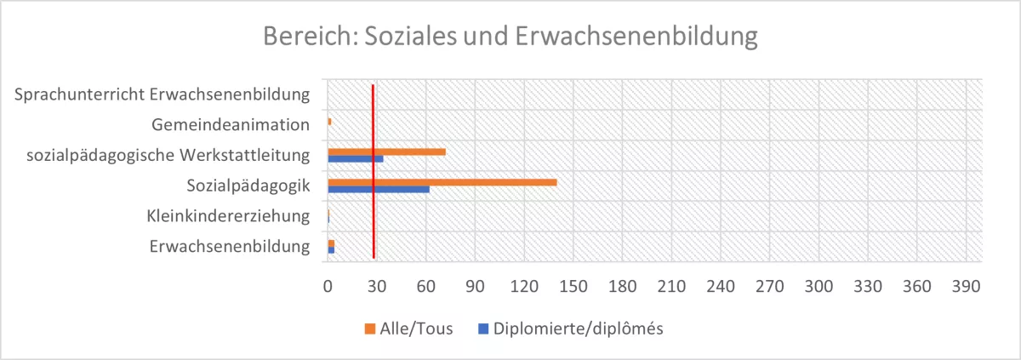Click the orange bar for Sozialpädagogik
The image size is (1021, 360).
(x=442, y=182)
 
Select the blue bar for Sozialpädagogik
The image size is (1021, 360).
(x=379, y=189)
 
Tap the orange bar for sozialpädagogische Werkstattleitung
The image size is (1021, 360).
(x=386, y=151)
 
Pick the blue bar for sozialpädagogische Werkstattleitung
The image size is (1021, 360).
(x=356, y=158)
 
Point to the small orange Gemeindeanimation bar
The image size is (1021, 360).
(x=329, y=122)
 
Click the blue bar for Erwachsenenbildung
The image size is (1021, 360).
(x=331, y=250)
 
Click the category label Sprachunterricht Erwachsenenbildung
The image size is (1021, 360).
(x=162, y=94)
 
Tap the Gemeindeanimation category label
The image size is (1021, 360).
(x=230, y=125)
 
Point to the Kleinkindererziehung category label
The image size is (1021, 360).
(x=227, y=216)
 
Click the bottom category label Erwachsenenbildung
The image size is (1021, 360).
(x=229, y=247)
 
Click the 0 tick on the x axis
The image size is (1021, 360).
(x=328, y=288)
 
